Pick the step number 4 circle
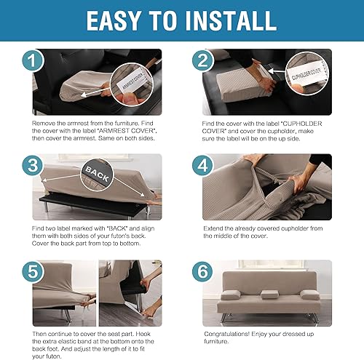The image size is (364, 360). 203,165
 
